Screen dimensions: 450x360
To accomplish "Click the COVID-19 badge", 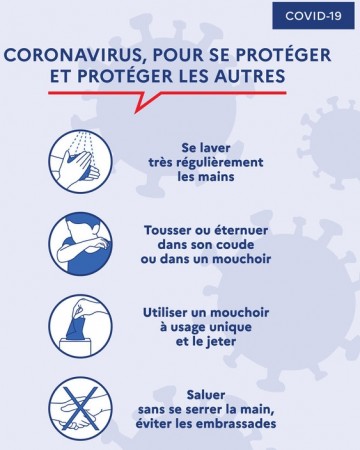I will coord(314,16).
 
